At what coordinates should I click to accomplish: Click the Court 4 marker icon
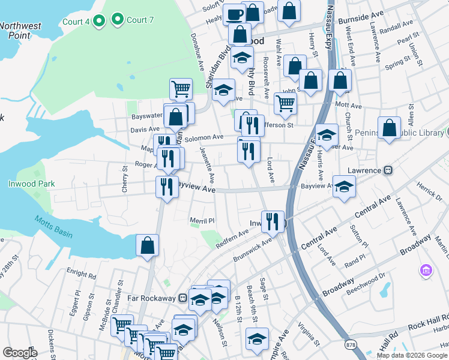(100, 22)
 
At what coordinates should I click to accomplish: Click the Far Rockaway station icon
(182, 298)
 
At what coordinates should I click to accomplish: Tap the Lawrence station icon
(388, 170)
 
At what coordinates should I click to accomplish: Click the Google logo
(20, 353)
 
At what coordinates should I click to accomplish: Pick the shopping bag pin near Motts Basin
(147, 246)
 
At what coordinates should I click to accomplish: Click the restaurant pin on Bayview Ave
(167, 186)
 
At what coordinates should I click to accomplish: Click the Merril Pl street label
(202, 221)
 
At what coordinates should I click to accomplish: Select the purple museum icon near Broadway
(427, 271)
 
